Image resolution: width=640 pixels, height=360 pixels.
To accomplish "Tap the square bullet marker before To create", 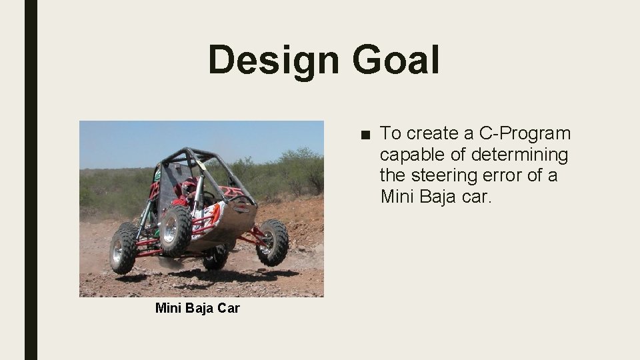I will [x=364, y=134].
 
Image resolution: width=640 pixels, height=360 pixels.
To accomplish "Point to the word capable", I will [x=412, y=155].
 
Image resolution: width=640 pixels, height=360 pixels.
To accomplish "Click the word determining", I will [x=519, y=155].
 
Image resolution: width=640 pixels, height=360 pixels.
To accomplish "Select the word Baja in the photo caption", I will [x=199, y=308].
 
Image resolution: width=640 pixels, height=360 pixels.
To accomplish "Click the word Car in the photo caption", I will [x=227, y=308].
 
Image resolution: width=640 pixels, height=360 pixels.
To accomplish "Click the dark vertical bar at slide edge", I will [x=31, y=180].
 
